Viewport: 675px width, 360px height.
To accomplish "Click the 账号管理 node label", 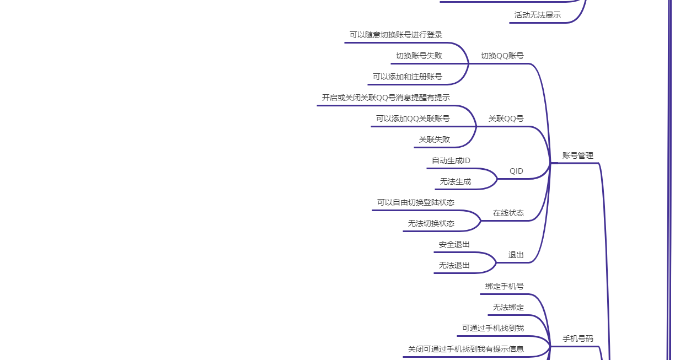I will click(577, 155).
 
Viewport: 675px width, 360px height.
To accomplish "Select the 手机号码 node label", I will click(577, 338).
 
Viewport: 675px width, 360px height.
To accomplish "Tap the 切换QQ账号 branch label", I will click(502, 56).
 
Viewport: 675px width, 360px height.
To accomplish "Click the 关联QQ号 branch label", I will click(506, 119).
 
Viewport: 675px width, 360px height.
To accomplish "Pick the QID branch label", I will click(516, 171).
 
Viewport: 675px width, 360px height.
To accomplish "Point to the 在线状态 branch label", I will click(508, 213).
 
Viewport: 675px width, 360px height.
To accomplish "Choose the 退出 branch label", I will click(516, 255).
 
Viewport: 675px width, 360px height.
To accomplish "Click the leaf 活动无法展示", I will click(537, 15).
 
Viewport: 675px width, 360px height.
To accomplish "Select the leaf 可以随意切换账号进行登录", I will click(395, 35).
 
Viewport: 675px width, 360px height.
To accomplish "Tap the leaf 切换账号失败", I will click(419, 56).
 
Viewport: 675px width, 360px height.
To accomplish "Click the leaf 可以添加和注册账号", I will click(407, 77).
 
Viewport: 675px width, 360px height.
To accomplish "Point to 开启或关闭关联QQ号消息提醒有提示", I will click(385, 98).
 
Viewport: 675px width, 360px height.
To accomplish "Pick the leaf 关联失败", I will click(434, 139).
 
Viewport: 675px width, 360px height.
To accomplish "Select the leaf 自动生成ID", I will click(451, 160).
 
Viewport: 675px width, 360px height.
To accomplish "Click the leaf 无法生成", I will click(455, 181).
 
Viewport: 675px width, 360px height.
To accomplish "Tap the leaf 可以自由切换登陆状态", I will click(415, 202).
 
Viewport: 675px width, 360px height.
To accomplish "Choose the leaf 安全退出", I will click(454, 244).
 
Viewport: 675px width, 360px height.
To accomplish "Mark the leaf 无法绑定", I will click(508, 307).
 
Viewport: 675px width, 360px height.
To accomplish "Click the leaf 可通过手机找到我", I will click(492, 328).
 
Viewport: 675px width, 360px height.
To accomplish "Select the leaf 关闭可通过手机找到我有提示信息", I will click(465, 349).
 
